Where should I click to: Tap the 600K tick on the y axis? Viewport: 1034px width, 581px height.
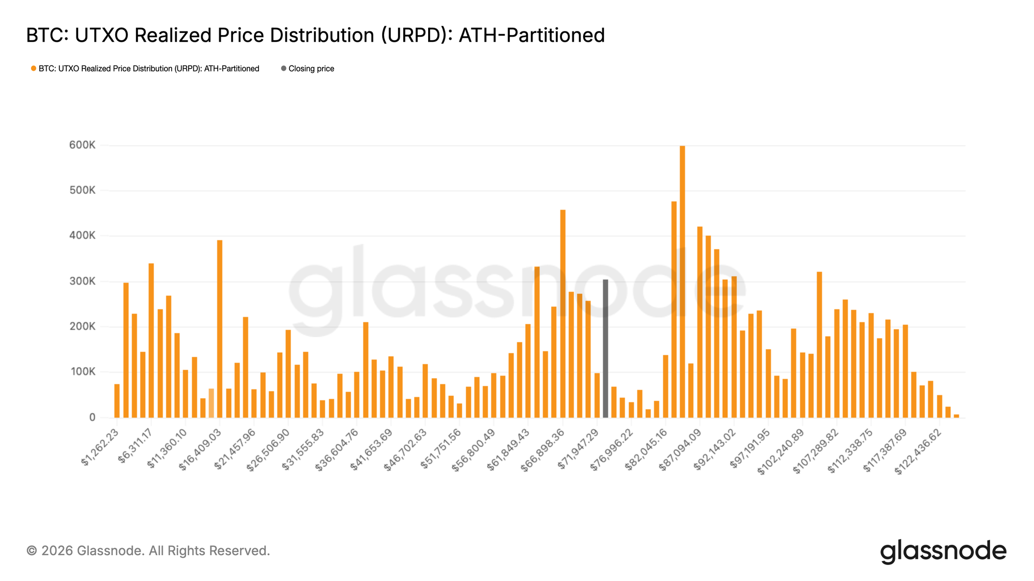pyautogui.click(x=82, y=145)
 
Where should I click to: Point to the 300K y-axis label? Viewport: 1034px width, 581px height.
pyautogui.click(x=82, y=281)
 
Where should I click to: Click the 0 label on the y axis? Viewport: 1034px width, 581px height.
pyautogui.click(x=92, y=417)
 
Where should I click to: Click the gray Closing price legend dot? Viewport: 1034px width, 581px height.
pyautogui.click(x=283, y=69)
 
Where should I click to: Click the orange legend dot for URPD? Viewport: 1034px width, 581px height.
pyautogui.click(x=34, y=69)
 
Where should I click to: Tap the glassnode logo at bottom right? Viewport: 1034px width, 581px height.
pyautogui.click(x=943, y=551)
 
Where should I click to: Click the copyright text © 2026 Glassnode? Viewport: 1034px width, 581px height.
pyautogui.click(x=148, y=551)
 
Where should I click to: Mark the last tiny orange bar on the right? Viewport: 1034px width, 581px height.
pyautogui.click(x=956, y=416)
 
